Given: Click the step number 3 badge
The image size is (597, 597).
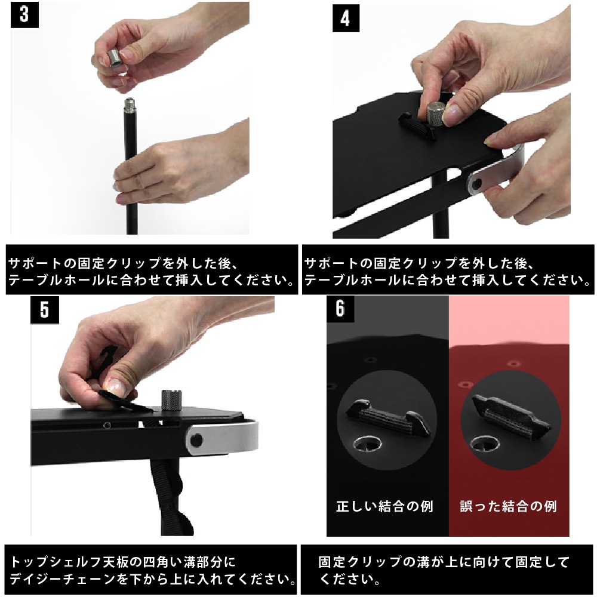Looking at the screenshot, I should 24,15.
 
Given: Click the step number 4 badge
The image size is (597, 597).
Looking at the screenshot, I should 345,19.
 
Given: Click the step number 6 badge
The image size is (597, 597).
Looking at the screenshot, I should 340,310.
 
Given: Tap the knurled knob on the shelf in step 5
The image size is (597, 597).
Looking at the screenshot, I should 171,399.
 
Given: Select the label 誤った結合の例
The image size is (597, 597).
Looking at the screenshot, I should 508,507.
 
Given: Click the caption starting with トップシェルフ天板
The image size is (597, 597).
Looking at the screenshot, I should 153,570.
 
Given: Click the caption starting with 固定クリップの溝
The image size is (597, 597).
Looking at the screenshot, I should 445,570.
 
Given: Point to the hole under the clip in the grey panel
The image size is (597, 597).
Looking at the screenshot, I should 368,443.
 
